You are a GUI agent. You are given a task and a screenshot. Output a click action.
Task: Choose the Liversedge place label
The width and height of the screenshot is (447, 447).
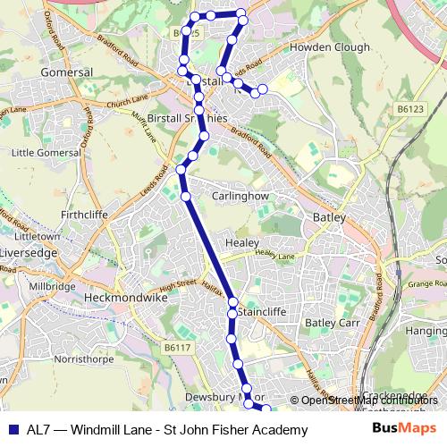click(x=30, y=252)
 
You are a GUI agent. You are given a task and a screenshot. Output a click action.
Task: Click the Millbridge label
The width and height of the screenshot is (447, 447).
click(x=52, y=286)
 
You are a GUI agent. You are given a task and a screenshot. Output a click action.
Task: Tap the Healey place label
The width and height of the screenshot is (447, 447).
click(x=241, y=242)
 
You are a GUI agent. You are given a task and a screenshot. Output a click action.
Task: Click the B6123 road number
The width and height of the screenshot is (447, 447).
click(x=410, y=109)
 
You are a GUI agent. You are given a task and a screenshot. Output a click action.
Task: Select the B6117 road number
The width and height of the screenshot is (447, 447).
click(x=178, y=347)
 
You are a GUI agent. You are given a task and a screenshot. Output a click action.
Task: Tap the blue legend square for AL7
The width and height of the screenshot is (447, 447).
click(x=13, y=430)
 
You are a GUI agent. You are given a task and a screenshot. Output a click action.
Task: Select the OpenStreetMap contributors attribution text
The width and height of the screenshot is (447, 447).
click(x=369, y=400)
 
